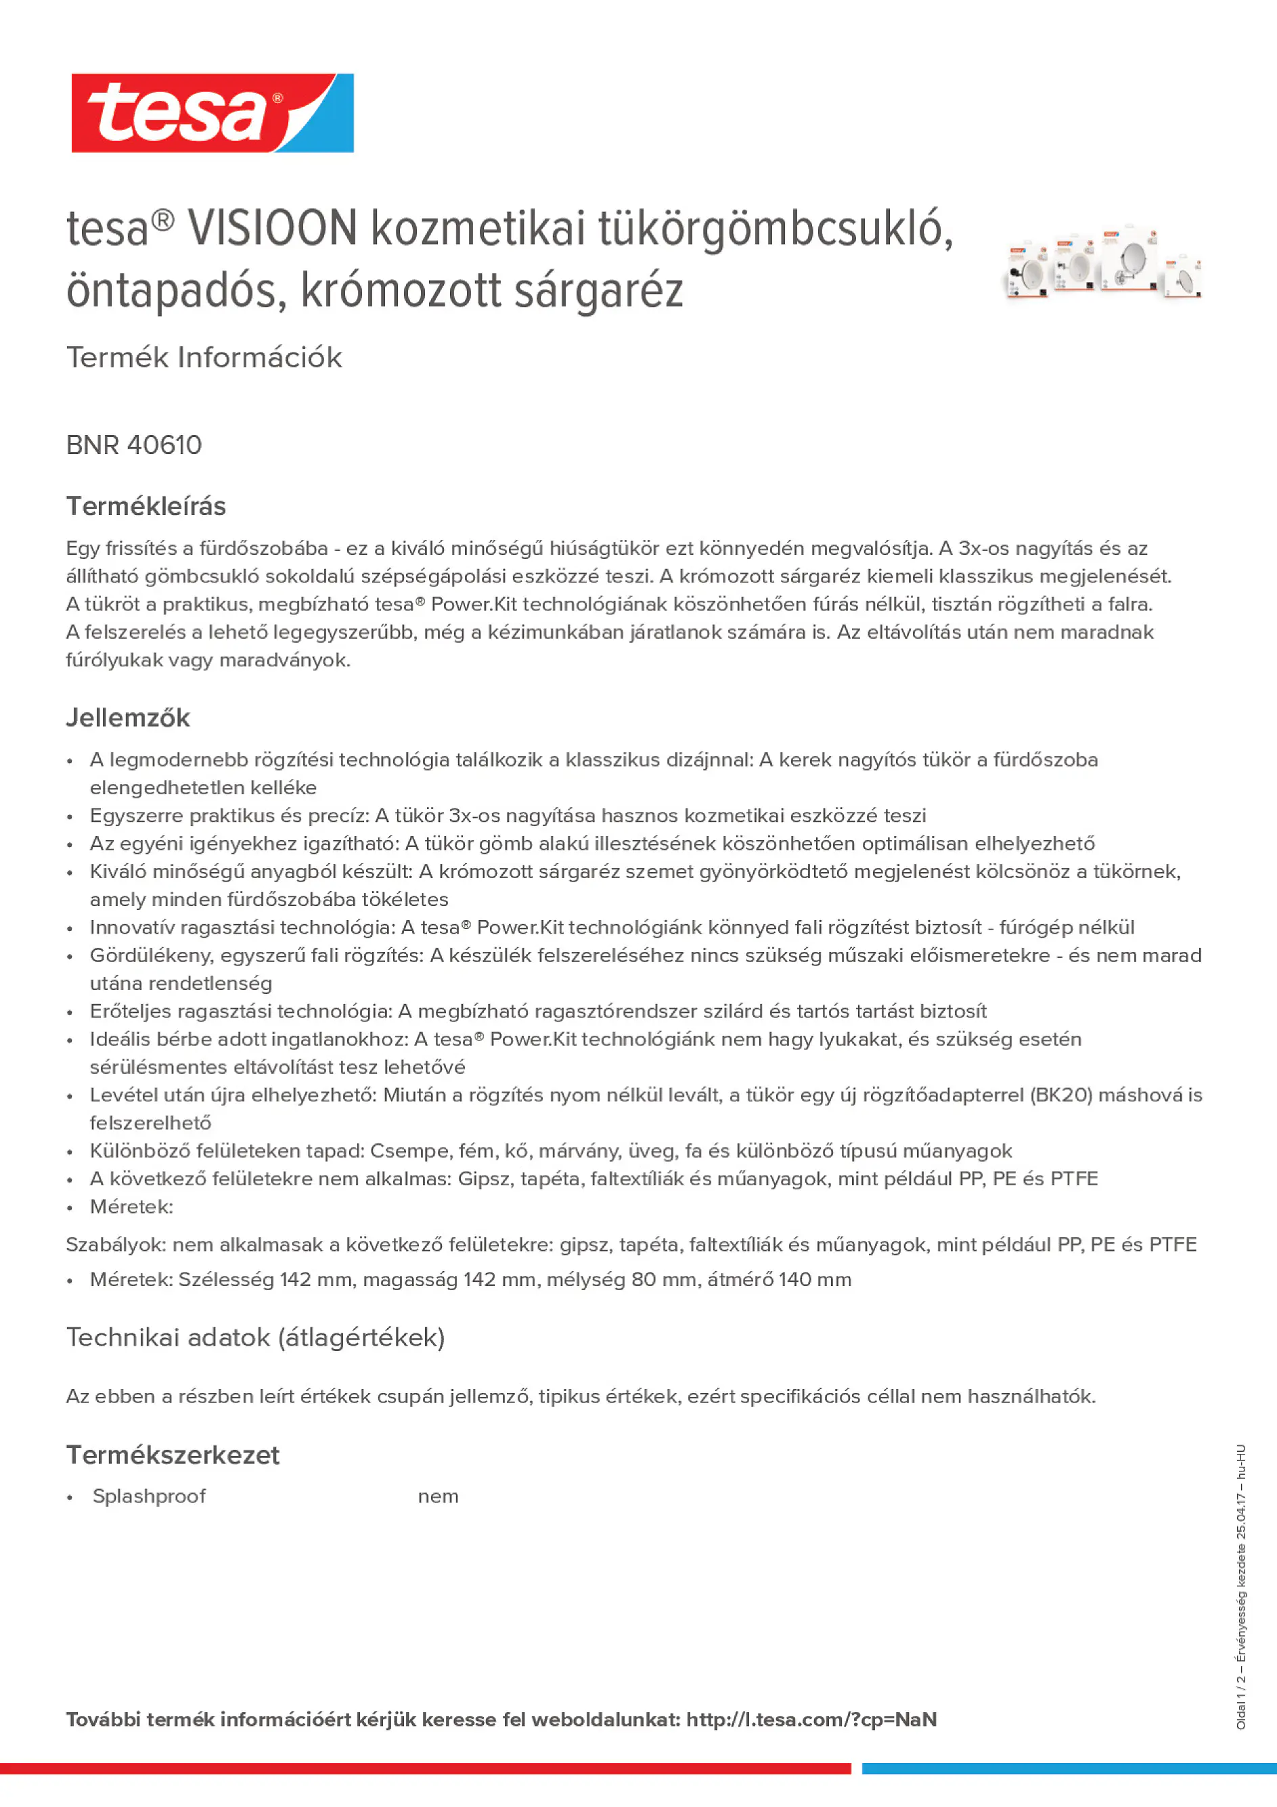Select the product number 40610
click(164, 445)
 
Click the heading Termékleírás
click(145, 506)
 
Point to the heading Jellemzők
click(127, 718)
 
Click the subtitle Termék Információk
click(204, 357)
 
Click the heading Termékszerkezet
click(173, 1455)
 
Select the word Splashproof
click(149, 1496)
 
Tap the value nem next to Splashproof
click(438, 1496)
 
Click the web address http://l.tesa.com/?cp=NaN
click(811, 1720)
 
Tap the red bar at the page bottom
click(425, 1768)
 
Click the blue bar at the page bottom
click(1069, 1768)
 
